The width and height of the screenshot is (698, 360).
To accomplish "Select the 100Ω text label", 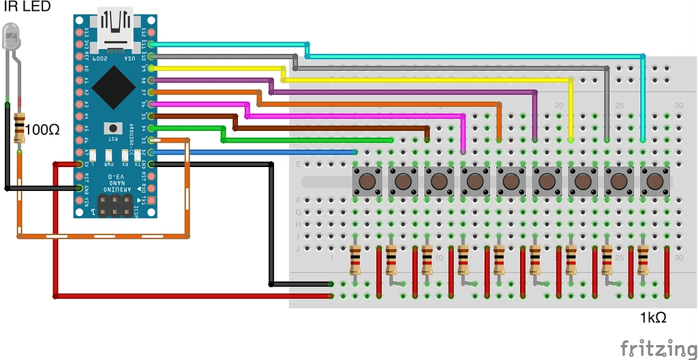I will (x=42, y=129).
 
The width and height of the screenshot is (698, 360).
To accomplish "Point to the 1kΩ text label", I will (x=652, y=317).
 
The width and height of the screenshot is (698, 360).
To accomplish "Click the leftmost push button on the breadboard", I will (x=367, y=181).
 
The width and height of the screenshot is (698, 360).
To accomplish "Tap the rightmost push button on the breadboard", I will (x=655, y=181).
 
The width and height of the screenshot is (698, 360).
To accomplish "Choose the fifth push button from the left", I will (x=511, y=181).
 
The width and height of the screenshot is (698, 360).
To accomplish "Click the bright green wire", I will (x=307, y=140).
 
